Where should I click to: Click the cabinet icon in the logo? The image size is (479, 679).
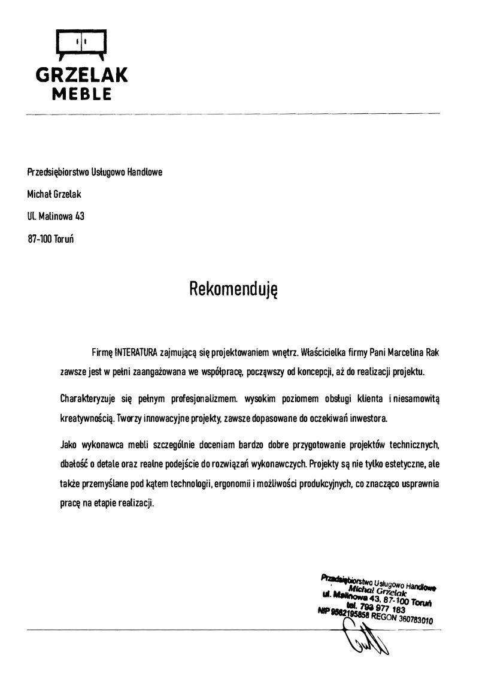coord(81,44)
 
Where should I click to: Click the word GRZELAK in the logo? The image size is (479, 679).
coord(81,75)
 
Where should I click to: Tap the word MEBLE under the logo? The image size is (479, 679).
coord(81,94)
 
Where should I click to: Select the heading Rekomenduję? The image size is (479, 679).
coord(234,289)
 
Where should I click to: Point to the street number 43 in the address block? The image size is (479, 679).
coord(79,216)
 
